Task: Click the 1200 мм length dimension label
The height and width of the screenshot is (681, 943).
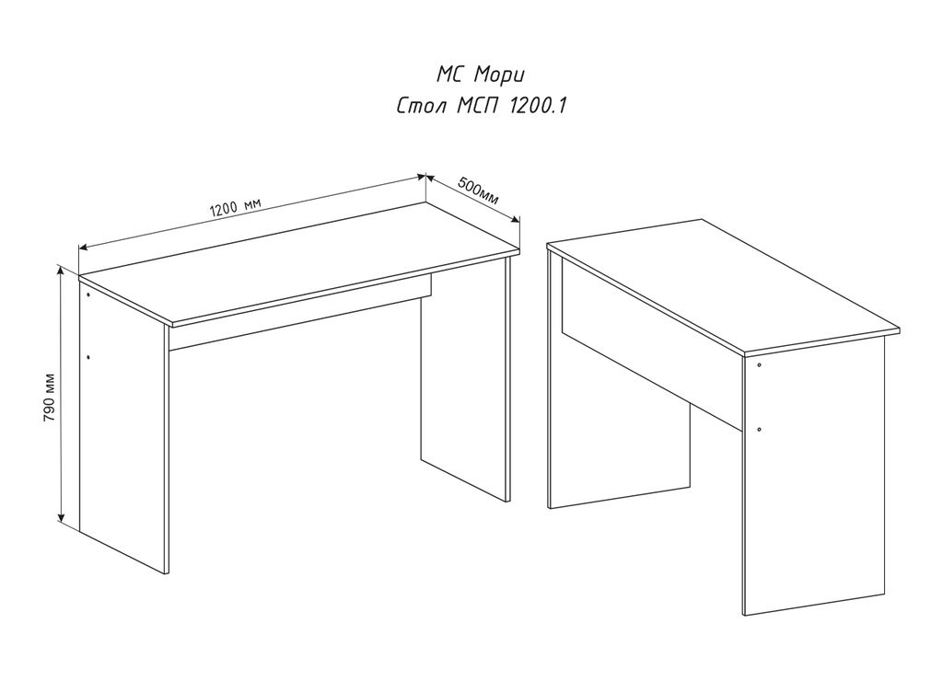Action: click(x=235, y=207)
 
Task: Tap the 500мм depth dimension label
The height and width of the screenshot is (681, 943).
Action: click(x=479, y=190)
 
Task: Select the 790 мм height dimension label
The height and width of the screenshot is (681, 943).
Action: click(x=50, y=398)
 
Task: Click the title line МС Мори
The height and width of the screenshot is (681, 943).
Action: click(x=481, y=75)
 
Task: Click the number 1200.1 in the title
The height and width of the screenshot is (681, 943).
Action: click(x=538, y=106)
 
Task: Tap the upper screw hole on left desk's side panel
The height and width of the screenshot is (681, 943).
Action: click(x=87, y=295)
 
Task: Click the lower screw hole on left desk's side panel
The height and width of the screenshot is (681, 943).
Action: click(x=88, y=357)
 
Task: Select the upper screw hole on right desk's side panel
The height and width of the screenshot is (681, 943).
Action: click(x=759, y=364)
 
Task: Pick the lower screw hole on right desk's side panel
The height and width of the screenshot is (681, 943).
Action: click(x=760, y=430)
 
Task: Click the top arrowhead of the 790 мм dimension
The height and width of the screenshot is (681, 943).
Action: click(x=60, y=271)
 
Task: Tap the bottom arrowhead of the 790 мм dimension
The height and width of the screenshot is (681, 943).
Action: click(x=61, y=518)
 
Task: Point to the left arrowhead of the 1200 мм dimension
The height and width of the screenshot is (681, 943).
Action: click(x=84, y=247)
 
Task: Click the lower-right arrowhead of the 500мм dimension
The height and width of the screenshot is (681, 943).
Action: click(x=515, y=220)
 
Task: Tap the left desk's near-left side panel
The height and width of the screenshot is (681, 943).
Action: click(x=124, y=427)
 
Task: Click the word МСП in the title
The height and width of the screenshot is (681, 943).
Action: click(x=478, y=106)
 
